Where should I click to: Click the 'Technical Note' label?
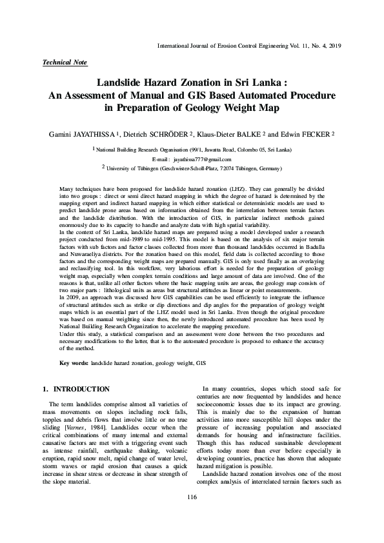tap(64, 63)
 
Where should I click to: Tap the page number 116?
tap(191, 514)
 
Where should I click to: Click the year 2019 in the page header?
tap(333, 46)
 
